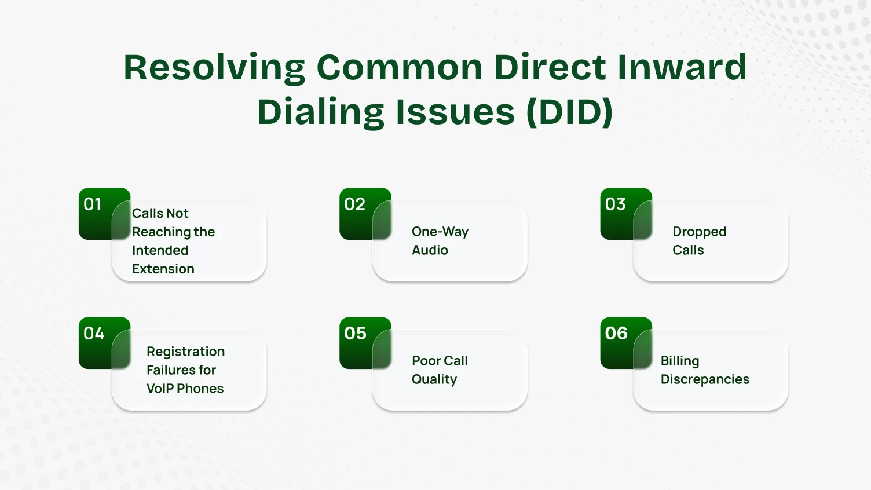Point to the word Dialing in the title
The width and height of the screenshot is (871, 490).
click(320, 112)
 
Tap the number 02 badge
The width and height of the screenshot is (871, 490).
click(354, 204)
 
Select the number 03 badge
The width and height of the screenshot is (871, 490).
click(615, 204)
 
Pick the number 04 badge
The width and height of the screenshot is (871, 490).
click(94, 334)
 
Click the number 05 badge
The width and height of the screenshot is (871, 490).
click(354, 334)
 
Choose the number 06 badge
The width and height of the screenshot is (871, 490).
click(616, 334)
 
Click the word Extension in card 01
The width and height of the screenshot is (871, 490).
click(163, 269)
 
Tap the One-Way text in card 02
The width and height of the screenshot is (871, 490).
click(440, 232)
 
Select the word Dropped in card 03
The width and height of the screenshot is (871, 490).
click(699, 232)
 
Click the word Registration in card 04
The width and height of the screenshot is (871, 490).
click(185, 352)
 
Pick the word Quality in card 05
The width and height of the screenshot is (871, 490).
click(434, 379)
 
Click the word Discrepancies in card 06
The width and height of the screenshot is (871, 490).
click(705, 379)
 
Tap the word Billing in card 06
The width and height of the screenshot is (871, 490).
click(680, 361)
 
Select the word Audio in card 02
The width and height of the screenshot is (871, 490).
click(430, 250)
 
